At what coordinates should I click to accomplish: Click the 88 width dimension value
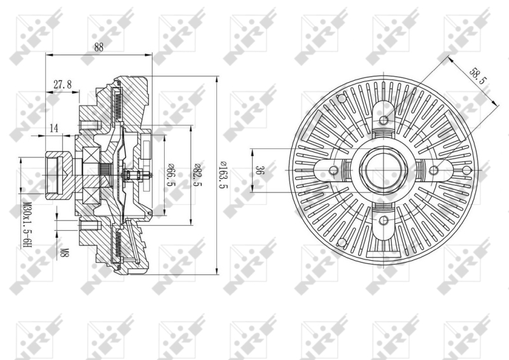click(99, 48)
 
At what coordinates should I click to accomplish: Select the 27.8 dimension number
click(62, 85)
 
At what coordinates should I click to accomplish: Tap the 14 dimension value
click(54, 128)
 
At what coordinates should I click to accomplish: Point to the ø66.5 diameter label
click(171, 176)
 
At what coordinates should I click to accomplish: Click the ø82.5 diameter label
click(197, 176)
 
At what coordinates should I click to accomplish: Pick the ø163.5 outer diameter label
click(224, 176)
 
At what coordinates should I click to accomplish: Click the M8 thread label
click(65, 253)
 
